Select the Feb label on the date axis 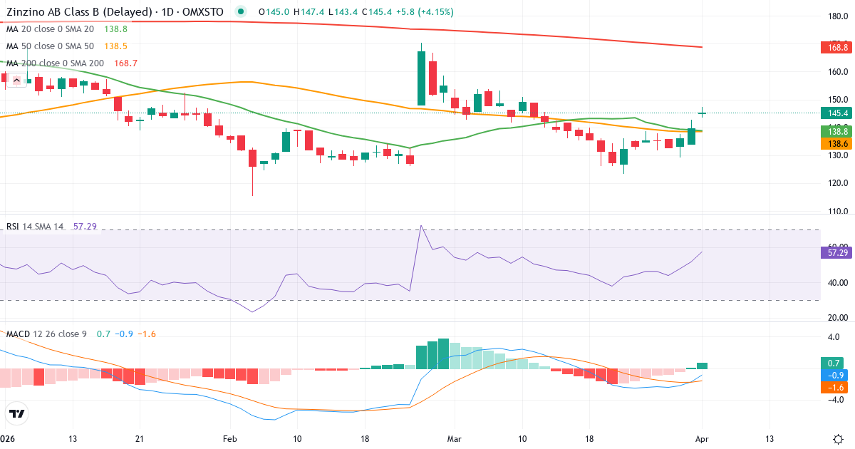pos(229,439)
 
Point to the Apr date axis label pos(702,439)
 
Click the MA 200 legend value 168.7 pos(125,63)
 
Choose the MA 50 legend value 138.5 pos(115,46)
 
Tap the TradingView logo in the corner pos(17,413)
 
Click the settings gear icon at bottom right pos(838,439)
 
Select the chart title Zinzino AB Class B pos(78,12)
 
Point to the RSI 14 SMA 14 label pos(34,227)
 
